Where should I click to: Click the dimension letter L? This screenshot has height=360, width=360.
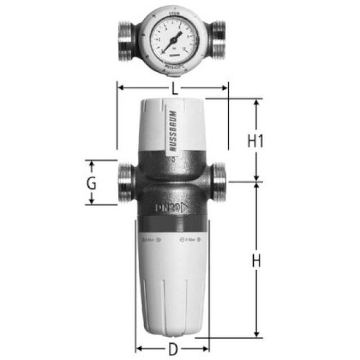[x=175, y=88]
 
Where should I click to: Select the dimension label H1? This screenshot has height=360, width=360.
[x=256, y=141]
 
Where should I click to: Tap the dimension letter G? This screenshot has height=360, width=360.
[x=92, y=183]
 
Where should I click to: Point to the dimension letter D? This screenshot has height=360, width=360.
[x=173, y=349]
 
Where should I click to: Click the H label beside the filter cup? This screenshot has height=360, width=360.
[x=256, y=261]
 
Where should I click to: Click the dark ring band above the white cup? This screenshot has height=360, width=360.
[x=173, y=226]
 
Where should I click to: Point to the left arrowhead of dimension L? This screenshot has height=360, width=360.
[x=120, y=87]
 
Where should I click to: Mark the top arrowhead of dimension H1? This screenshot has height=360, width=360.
[x=256, y=103]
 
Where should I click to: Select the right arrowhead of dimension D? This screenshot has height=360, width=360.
[x=206, y=348]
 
